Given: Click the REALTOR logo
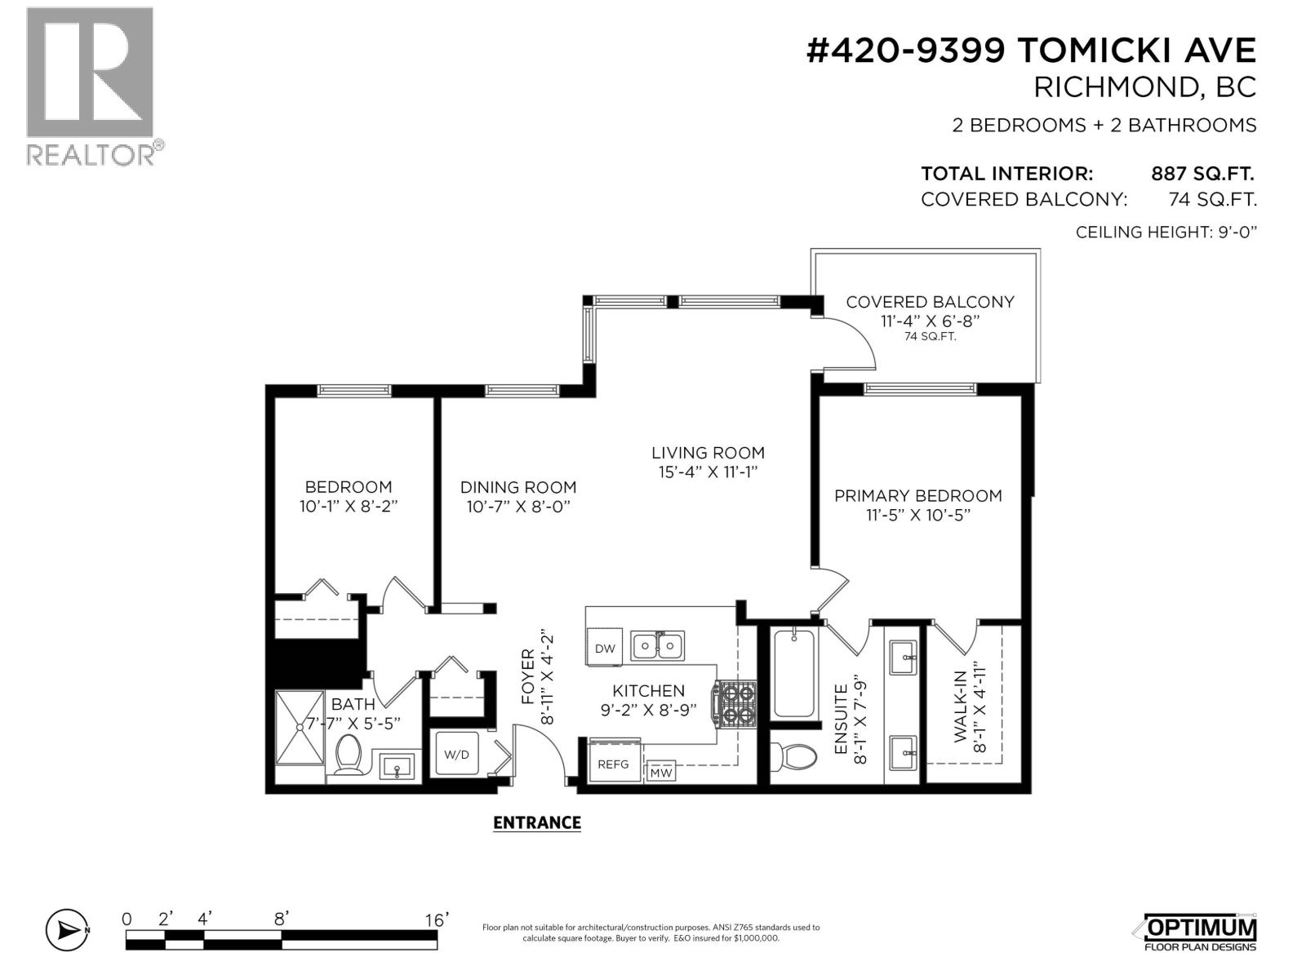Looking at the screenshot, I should coord(90,86).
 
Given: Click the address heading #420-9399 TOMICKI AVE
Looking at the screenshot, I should coord(1030,51).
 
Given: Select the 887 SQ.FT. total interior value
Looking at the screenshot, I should coord(1202,174).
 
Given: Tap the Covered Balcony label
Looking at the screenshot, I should coord(930,302).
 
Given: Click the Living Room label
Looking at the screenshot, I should coord(708,453).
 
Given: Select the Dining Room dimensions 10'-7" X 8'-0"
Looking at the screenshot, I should coord(518,507).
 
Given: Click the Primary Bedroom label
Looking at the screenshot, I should coord(917,496).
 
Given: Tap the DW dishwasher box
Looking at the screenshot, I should coord(605,649).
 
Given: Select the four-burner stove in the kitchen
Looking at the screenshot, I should coord(735,704).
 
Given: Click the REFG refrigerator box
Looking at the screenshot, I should coord(614,764).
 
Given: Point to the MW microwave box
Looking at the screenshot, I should coord(662,772).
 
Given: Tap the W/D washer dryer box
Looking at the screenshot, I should coord(456,755).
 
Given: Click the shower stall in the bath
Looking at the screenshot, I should coord(300,728).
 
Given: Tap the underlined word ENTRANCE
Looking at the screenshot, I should coord(536,822).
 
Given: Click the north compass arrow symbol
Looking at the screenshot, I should coord(66,929).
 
